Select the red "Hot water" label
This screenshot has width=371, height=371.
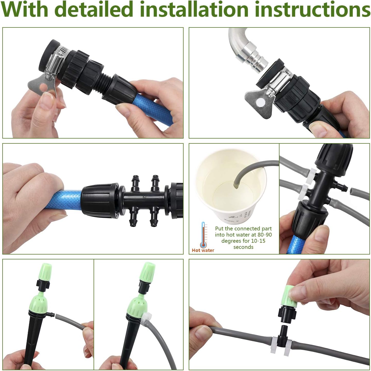point(203,250)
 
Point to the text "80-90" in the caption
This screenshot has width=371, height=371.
point(264,235)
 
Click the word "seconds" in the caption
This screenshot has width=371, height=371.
point(243,247)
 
